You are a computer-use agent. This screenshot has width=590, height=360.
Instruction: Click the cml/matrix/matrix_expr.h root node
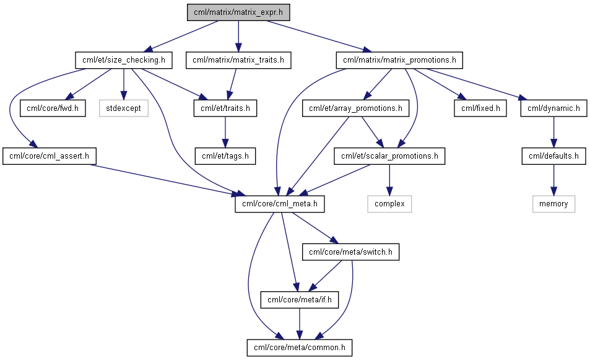click(x=238, y=12)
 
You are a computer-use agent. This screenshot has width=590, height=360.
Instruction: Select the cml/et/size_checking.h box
click(x=124, y=60)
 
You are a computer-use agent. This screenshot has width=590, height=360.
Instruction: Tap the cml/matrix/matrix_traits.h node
click(x=238, y=60)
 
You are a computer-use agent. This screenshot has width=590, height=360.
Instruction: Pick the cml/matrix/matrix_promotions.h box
click(x=399, y=60)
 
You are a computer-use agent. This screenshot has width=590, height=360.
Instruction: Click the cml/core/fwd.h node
click(x=53, y=108)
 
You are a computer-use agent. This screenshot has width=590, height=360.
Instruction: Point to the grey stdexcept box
click(x=123, y=108)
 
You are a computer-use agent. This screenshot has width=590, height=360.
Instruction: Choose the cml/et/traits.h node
click(x=225, y=108)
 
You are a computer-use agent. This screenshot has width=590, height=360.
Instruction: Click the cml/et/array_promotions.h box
click(x=355, y=108)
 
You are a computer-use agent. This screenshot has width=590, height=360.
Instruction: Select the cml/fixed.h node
click(x=480, y=108)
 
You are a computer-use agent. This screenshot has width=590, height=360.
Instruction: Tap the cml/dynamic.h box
click(x=553, y=108)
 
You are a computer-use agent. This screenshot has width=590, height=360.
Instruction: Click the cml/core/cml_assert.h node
click(x=50, y=156)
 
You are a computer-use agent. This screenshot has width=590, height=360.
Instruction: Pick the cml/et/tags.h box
click(x=225, y=156)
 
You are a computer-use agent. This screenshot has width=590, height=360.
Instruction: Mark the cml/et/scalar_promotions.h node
click(x=389, y=156)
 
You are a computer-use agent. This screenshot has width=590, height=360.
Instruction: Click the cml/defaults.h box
click(x=553, y=156)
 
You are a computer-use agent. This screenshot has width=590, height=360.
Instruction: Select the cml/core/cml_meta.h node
click(x=280, y=204)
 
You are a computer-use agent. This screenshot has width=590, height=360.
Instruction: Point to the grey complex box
click(x=389, y=204)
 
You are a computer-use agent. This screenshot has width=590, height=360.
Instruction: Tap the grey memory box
click(x=553, y=204)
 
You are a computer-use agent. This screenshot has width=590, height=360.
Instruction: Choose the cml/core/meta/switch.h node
click(x=350, y=252)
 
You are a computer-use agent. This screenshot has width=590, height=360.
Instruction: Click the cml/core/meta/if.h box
click(x=300, y=300)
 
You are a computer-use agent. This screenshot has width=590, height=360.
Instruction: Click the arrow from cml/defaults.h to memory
click(x=553, y=180)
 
